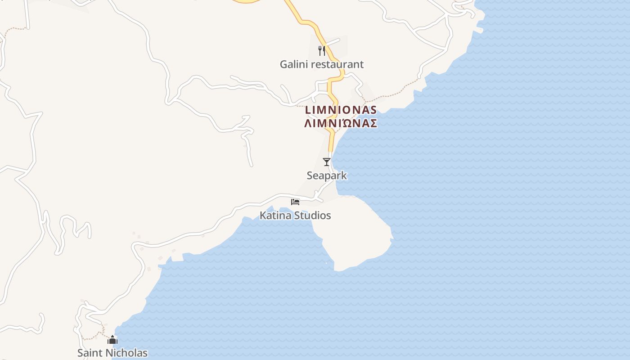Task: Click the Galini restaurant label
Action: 321,64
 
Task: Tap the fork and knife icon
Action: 321,50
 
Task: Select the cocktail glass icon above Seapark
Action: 327,162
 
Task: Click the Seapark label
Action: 327,175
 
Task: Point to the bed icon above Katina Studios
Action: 295,201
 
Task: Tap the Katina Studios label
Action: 295,216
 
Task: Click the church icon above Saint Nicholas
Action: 112,340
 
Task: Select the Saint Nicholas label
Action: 112,353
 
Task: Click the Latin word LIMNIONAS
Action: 341,110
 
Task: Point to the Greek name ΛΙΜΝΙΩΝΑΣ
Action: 341,123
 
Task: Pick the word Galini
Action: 293,64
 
